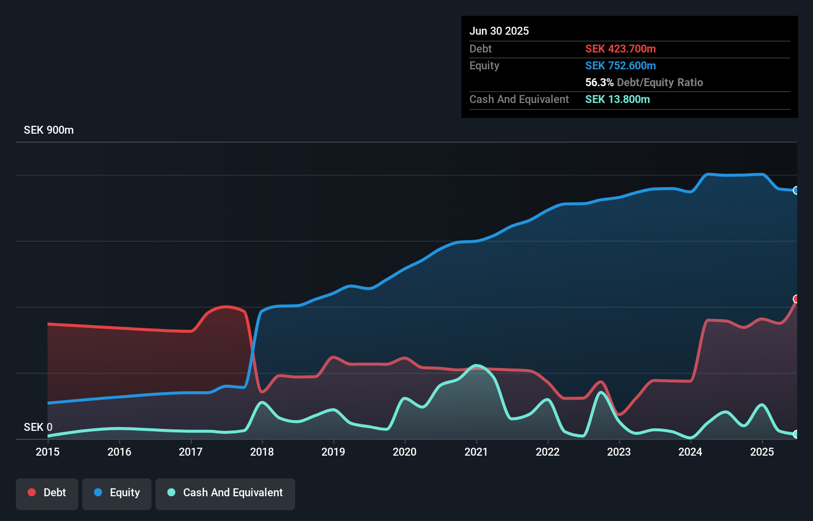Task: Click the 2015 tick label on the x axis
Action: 48,452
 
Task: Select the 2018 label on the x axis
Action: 262,452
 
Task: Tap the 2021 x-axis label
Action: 476,452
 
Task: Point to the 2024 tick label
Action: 690,452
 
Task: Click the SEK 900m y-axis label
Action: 49,130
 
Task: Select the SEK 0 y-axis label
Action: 38,427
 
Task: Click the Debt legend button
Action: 47,493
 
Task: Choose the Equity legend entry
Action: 117,493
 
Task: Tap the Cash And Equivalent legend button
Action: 225,493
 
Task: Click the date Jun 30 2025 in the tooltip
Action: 499,31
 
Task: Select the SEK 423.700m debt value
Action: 620,49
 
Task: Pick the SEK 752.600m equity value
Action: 620,65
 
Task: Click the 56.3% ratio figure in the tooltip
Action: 599,82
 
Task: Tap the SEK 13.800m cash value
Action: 617,99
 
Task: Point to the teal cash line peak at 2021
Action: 476,365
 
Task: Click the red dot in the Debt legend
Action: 32,492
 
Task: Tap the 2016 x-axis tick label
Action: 119,452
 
